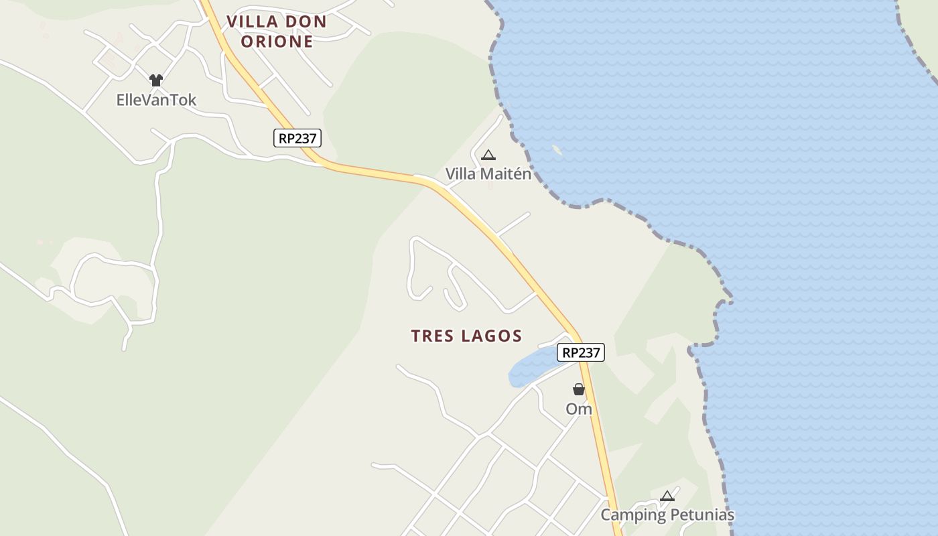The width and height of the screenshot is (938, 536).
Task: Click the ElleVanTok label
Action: coord(156,100)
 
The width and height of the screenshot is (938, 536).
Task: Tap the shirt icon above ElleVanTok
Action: coord(156,80)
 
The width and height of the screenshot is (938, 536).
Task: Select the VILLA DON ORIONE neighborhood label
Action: coord(277,31)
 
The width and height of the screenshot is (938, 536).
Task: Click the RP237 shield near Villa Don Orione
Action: coord(297,138)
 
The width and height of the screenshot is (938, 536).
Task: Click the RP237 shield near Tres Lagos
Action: coord(580,352)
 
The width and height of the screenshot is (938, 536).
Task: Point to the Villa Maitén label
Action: coord(488,174)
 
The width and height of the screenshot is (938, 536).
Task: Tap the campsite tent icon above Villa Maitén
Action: coord(488,155)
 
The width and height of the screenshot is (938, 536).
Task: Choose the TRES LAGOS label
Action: coord(466,336)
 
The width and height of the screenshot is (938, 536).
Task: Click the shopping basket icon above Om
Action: coord(579,389)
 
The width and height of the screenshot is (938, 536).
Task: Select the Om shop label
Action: coord(579,409)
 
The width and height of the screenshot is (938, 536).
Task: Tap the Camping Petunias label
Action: coord(667,515)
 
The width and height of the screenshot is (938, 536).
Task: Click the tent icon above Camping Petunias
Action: coord(667,496)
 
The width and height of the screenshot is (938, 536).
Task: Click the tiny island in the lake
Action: coord(557,150)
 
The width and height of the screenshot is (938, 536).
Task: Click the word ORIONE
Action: coord(277,42)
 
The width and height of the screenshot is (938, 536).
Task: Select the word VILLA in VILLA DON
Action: coord(252,21)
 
